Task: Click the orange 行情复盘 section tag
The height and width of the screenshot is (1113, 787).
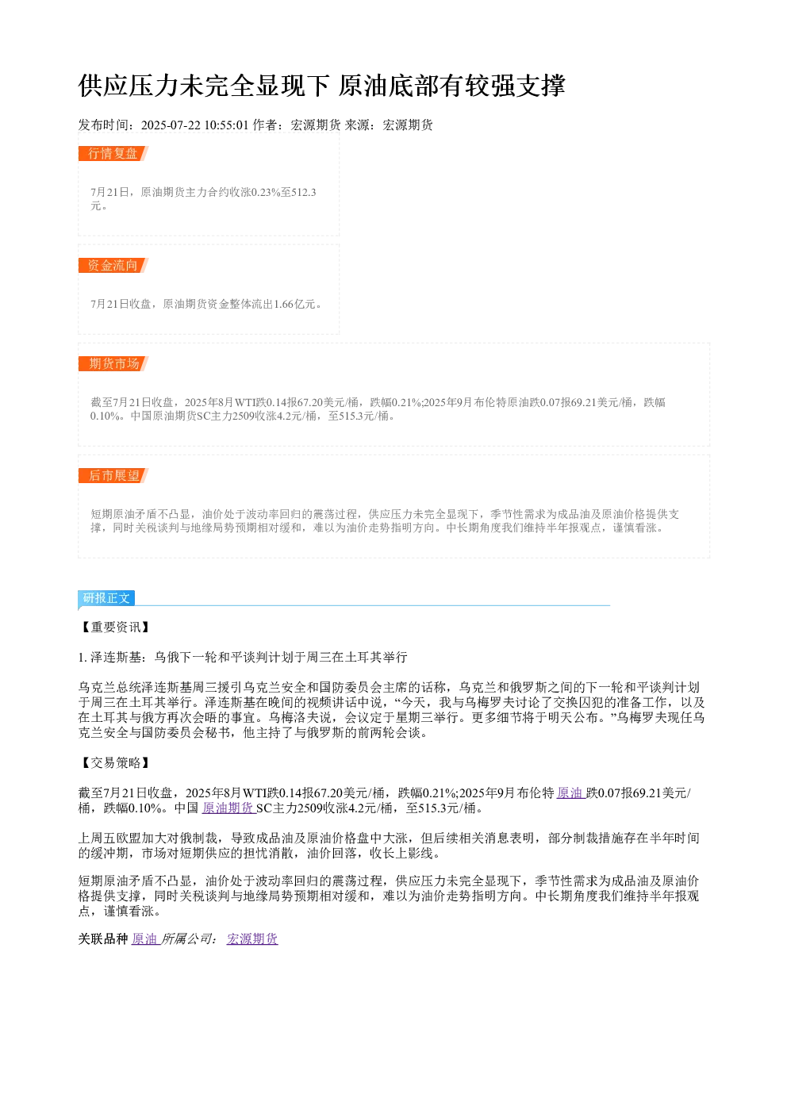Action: (x=113, y=154)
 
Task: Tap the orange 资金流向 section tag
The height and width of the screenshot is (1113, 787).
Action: (x=113, y=265)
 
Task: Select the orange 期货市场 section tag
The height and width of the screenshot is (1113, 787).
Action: (x=113, y=363)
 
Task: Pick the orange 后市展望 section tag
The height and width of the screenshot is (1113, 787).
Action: (x=113, y=475)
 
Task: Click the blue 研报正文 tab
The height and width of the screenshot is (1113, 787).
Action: (x=106, y=598)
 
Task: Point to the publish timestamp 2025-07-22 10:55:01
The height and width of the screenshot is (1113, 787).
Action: (x=194, y=125)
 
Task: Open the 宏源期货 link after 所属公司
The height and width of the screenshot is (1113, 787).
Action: (x=252, y=938)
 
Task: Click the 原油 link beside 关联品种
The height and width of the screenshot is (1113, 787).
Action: (x=144, y=938)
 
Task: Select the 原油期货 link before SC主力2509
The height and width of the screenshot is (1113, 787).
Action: (x=228, y=808)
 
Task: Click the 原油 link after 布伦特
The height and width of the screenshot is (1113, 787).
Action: (x=570, y=793)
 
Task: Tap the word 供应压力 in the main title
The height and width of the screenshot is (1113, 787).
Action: (x=129, y=86)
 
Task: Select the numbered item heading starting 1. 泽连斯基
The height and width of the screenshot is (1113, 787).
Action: (x=243, y=658)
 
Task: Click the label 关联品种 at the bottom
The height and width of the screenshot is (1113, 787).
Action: (x=103, y=938)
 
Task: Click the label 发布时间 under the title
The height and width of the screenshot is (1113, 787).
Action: (x=103, y=125)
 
